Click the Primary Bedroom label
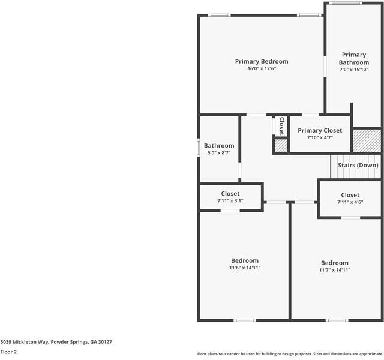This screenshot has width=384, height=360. [262, 61]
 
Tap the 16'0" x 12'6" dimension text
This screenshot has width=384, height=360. [262, 68]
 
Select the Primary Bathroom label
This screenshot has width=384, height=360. [354, 59]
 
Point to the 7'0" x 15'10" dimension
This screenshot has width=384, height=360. [354, 70]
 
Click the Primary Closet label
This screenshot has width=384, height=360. [320, 131]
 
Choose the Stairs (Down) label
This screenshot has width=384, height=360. [358, 166]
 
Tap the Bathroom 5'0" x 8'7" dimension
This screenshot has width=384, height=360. [219, 153]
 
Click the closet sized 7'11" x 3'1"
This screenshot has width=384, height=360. [230, 197]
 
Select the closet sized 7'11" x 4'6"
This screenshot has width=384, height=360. [350, 199]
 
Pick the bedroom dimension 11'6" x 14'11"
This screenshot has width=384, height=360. [245, 268]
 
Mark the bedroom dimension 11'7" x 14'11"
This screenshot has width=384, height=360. [335, 270]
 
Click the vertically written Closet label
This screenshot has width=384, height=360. [281, 126]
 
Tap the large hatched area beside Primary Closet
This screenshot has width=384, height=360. [367, 140]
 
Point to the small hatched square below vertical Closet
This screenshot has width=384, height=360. [281, 146]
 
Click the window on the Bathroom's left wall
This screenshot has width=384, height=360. [199, 148]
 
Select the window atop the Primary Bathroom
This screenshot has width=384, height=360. [346, 3]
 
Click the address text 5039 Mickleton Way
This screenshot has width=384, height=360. [25, 342]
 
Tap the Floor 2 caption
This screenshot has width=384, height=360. [8, 352]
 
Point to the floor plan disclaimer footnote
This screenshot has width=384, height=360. [290, 354]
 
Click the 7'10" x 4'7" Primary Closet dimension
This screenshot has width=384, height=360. [320, 137]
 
